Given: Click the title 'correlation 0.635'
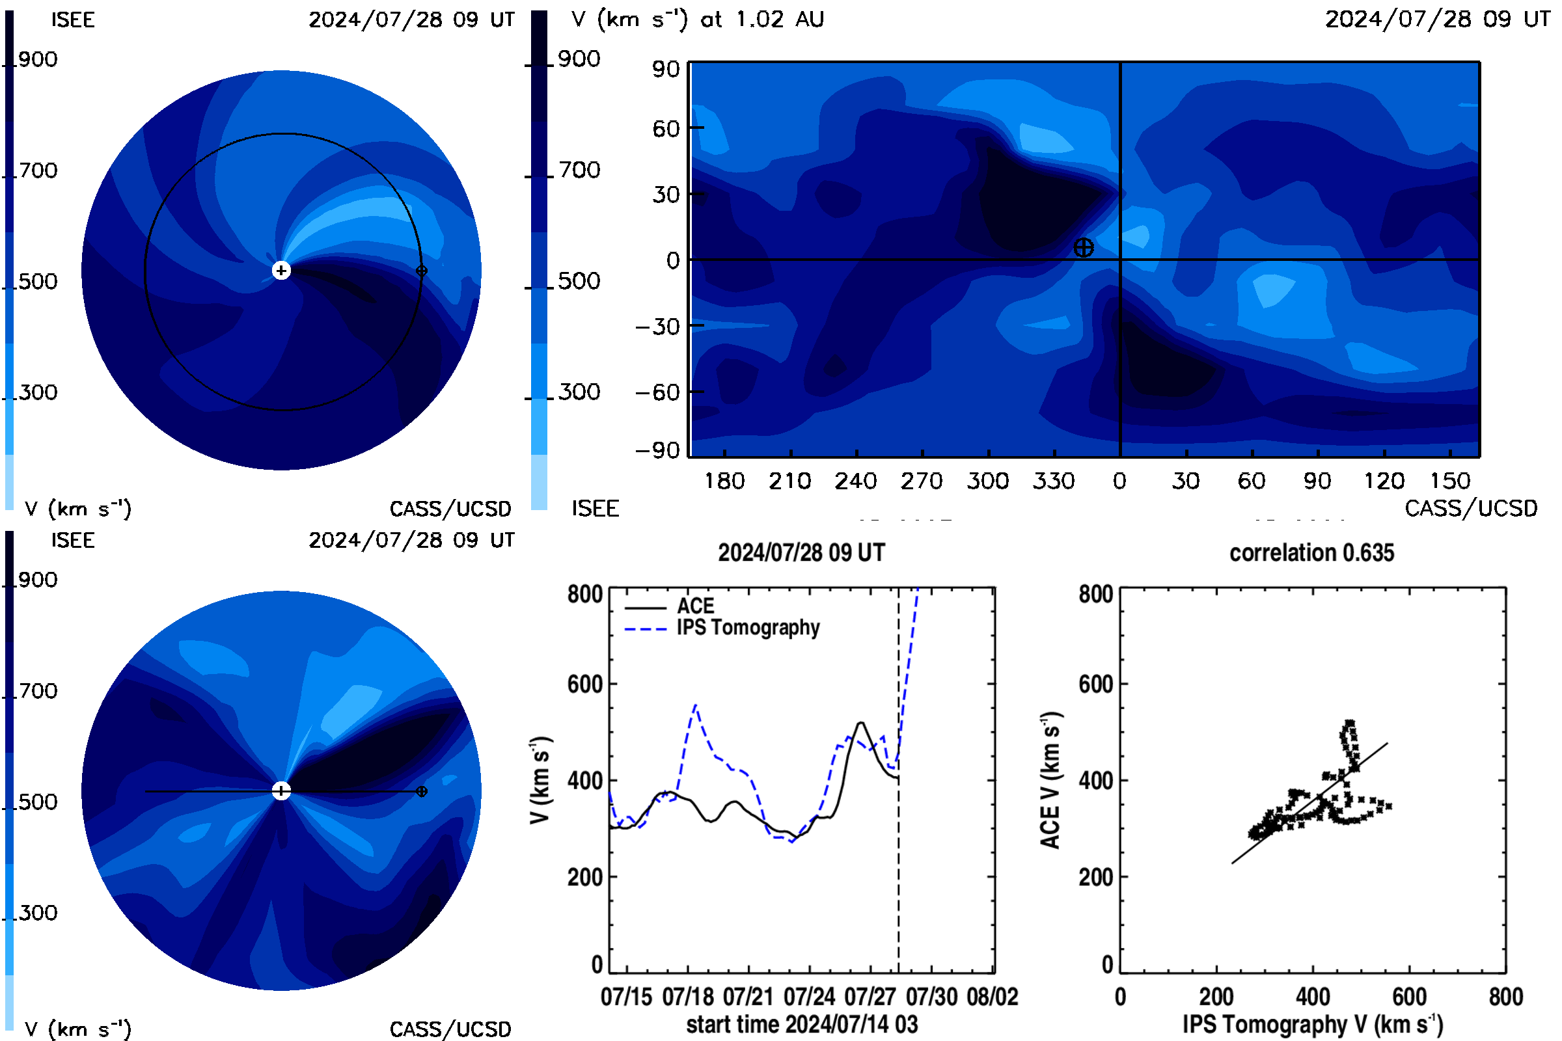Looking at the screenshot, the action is [1311, 553].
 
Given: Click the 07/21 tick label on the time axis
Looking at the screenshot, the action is [748, 997].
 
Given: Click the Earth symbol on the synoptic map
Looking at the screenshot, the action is [1084, 248].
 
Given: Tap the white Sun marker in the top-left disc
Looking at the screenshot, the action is [282, 271].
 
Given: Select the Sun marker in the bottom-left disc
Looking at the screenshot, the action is [282, 791].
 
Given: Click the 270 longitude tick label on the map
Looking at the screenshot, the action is [922, 481].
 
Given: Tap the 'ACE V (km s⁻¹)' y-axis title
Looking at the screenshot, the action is [1050, 780].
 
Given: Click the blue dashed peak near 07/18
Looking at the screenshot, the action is [695, 705].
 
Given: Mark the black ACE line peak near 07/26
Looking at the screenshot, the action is [861, 723].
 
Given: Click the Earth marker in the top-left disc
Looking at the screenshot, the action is [422, 271].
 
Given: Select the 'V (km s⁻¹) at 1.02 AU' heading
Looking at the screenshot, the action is [698, 20].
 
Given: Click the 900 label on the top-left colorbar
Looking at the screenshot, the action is [38, 60].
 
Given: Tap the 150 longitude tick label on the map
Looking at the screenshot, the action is [1451, 481].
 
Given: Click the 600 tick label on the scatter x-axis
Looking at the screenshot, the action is [1409, 997].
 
